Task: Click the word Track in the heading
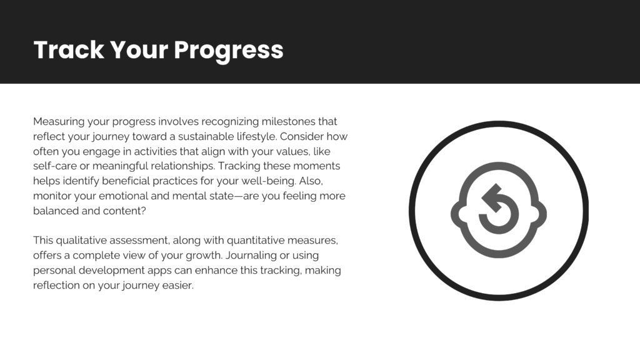[69, 50]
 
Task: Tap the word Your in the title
[139, 50]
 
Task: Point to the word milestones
[288, 122]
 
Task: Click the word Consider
[301, 136]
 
